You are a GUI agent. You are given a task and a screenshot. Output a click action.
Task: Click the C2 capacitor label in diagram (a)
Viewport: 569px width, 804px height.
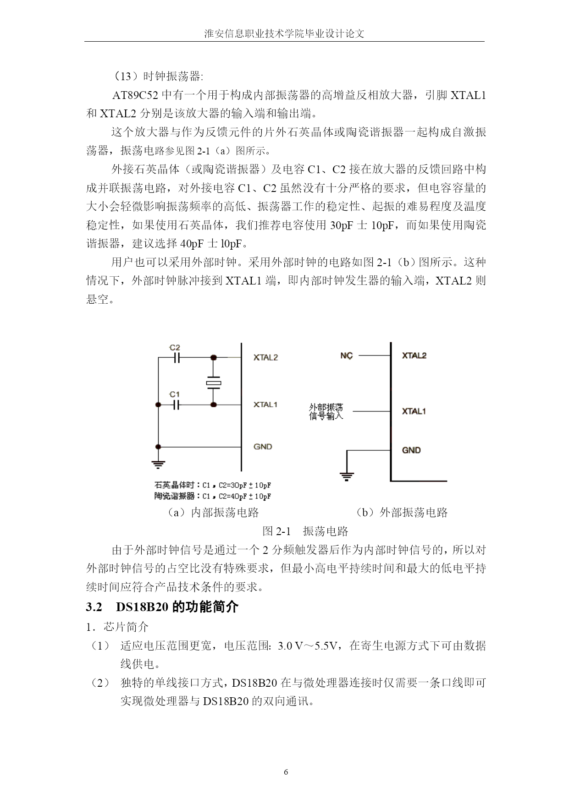175,348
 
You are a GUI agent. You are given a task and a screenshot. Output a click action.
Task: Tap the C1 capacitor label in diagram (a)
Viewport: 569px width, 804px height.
175,394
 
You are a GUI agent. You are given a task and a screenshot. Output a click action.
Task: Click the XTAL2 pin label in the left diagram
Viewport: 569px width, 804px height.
265,358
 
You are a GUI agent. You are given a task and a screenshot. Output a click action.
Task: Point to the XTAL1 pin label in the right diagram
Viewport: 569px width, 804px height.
414,411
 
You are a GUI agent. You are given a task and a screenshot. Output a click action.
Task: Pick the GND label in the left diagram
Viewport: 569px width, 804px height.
263,447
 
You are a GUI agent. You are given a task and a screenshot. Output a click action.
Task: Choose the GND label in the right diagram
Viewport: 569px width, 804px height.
411,450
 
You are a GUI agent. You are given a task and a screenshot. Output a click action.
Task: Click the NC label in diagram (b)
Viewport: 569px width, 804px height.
347,356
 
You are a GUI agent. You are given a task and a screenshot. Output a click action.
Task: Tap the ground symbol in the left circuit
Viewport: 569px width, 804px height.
158,464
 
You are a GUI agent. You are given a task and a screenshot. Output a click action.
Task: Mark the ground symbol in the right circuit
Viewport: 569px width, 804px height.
347,476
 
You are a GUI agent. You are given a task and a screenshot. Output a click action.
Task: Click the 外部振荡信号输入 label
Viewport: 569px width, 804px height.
326,412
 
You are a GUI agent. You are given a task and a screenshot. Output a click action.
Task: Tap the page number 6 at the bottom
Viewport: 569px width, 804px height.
286,772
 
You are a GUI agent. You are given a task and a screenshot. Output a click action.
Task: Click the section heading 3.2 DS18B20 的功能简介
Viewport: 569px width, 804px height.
162,607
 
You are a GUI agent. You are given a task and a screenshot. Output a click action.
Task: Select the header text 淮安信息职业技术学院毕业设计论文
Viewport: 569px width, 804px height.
284,34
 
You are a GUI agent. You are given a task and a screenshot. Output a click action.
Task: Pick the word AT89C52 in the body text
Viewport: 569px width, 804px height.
135,96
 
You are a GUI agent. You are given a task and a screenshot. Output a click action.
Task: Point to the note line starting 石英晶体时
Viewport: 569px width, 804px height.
212,485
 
